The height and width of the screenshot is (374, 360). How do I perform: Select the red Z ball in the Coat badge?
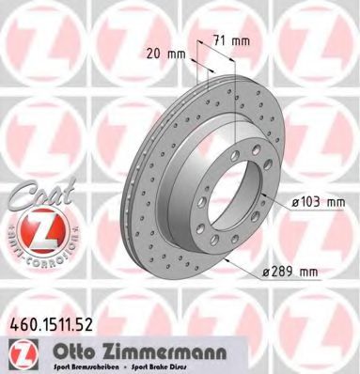tap(31, 229)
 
